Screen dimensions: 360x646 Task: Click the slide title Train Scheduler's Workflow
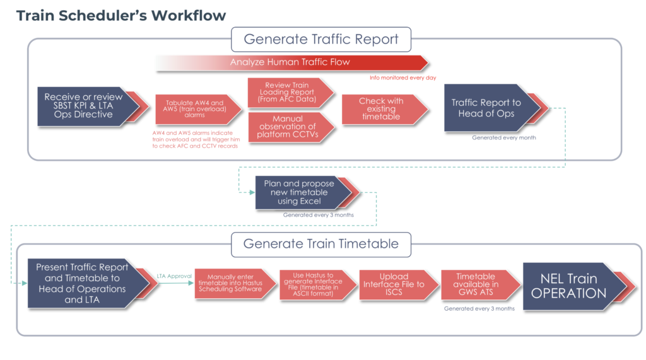click(x=120, y=15)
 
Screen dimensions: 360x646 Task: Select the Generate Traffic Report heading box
click(x=321, y=39)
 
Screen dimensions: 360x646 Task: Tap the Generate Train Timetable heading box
click(x=321, y=244)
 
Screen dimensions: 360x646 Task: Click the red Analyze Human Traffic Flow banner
click(x=290, y=62)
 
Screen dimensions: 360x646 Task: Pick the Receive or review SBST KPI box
click(x=83, y=106)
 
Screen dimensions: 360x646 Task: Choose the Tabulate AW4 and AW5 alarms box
click(x=195, y=108)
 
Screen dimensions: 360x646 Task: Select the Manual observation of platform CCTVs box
click(x=288, y=127)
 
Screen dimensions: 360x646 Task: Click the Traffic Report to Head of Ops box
click(x=486, y=108)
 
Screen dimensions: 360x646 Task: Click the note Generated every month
click(x=504, y=137)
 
